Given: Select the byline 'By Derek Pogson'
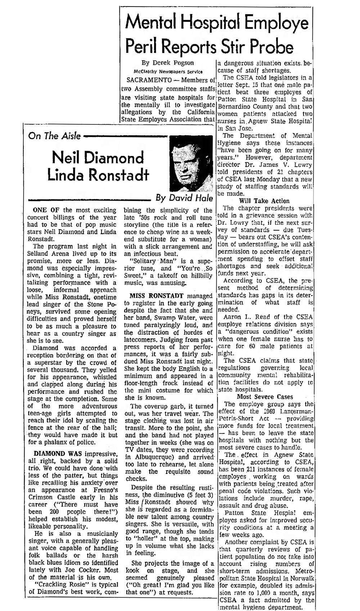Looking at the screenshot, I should pos(168,63).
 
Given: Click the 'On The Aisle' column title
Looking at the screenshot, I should pos(54,136).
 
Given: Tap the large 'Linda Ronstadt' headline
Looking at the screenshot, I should pos(98,175).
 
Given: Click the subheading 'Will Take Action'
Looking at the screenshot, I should pos(264,201).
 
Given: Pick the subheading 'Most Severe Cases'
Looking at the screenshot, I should pos(265,397).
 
